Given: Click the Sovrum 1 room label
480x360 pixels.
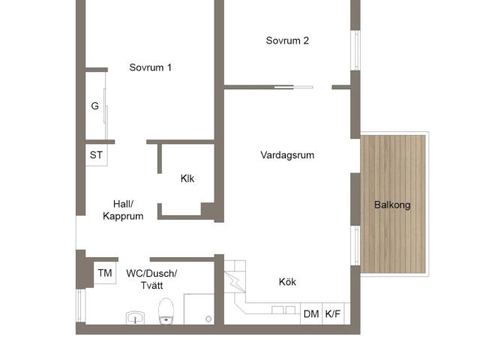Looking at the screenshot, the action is pos(150,67).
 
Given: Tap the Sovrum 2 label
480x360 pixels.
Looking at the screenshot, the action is pos(287,40).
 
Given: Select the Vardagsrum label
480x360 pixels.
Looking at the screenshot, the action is pos(287,155).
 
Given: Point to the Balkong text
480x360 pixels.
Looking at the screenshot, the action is pos(392,205).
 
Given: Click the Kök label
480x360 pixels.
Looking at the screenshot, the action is pos(287,282).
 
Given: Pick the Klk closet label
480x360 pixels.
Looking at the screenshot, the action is pos(187,178).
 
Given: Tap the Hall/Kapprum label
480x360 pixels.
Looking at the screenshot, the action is pos(123,210).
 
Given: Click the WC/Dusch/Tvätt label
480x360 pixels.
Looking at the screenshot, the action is pos(151,279).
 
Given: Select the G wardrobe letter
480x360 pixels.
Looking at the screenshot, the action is pos(95,106).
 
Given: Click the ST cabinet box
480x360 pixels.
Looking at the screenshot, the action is pos(97,155).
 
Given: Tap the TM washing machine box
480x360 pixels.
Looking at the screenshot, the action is pos(105,273).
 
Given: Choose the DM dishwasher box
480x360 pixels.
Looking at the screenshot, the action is pos(311,313).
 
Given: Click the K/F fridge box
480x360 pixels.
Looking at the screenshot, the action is pos(333,313).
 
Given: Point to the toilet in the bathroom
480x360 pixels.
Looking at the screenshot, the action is pos(166,311).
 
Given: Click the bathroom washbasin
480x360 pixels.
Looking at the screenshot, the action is pos(135,318).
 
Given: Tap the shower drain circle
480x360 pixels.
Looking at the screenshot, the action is pos(208,319).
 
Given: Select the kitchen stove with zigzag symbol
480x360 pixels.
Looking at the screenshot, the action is pos(235,282).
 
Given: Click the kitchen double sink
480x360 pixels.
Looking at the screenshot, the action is pos(283,310).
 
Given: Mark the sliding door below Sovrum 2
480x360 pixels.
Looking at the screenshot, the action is pos(293,87).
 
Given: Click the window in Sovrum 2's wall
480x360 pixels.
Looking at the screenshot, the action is pos(355,50).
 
